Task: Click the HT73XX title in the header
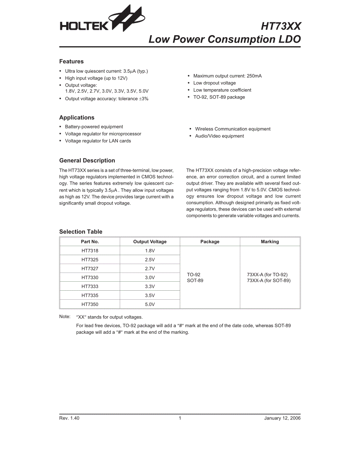[281, 26]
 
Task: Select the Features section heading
[71, 61]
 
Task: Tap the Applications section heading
[77, 117]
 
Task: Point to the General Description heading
[87, 160]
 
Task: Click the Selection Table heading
[81, 232]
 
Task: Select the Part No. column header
[90, 242]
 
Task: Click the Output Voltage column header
[150, 242]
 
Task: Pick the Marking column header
[270, 242]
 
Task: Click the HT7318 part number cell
[90, 251]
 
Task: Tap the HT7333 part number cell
[90, 286]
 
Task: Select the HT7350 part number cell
[90, 304]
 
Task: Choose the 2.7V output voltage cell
[150, 269]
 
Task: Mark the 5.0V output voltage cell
[150, 304]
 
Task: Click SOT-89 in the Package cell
[195, 281]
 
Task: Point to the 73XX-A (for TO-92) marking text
[267, 275]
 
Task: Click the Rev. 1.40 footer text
[69, 418]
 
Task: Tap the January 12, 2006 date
[282, 418]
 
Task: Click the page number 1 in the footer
[180, 418]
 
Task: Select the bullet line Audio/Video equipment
[220, 136]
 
